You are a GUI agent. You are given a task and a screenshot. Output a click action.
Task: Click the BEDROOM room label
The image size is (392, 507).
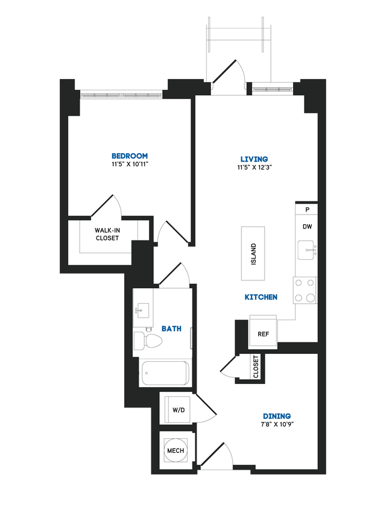pos(129,155)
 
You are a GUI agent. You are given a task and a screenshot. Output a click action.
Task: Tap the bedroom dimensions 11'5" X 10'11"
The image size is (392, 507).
pos(129,163)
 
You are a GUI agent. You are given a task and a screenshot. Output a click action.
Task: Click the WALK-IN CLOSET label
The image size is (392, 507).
pos(107,234)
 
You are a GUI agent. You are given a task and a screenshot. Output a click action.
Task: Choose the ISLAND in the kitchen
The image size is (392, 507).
pos(253,253)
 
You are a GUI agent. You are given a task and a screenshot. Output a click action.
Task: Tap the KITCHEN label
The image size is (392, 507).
pos(261,297)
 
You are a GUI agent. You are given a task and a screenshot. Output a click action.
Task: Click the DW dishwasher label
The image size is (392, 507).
pos(307,227)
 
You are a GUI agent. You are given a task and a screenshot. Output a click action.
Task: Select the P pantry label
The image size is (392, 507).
pos(307,210)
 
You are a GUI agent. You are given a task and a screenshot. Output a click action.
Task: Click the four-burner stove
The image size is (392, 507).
pos(305,290)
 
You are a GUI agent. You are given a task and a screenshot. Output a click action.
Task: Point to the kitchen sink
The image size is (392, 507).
pos(306,249)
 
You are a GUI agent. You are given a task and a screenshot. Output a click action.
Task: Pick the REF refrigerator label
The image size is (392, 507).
pos(263,333)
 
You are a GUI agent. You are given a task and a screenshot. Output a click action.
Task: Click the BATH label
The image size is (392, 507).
pos(171,329)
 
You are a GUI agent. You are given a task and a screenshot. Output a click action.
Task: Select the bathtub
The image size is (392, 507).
pos(164,373)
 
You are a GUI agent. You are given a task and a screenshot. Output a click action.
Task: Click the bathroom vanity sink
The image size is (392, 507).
pos(142,310)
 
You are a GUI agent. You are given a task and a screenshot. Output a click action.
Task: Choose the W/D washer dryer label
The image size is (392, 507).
pos(178,411)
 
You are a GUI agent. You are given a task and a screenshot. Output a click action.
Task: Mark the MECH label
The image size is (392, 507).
pos(175,450)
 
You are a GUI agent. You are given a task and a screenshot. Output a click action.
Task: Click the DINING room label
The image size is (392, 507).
pos(277,416)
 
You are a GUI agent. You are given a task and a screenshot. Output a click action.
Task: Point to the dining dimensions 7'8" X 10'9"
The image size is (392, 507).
pos(277,424)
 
